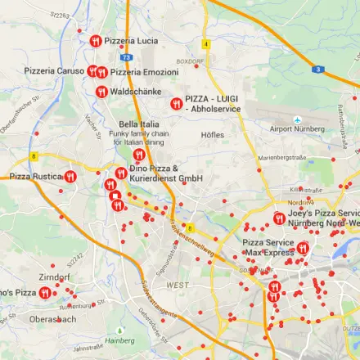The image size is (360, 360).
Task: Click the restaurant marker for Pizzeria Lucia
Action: click(x=96, y=41)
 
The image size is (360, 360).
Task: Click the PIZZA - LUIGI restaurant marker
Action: click(x=177, y=103)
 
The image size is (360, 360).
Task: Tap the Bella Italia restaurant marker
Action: click(x=138, y=154)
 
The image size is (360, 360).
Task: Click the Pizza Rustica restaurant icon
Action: click(x=70, y=176)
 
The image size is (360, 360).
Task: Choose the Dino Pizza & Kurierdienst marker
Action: click(x=121, y=173)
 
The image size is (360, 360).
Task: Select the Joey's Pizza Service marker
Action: click(x=280, y=218)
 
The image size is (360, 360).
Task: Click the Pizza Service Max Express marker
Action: click(x=303, y=248)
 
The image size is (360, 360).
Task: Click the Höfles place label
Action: click(x=213, y=134)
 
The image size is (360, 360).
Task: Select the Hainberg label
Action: click(x=120, y=340)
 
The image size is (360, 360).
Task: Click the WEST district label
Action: click(x=177, y=285)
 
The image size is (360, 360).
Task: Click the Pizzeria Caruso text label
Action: click(x=54, y=71)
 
